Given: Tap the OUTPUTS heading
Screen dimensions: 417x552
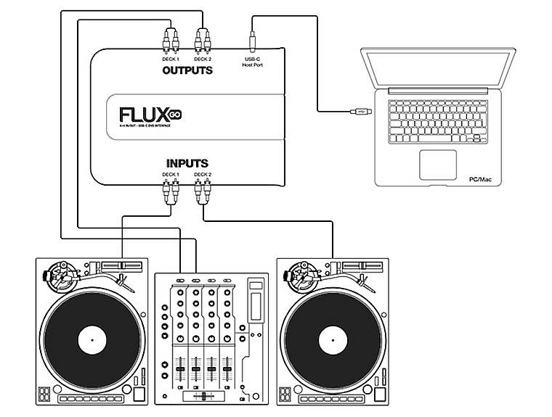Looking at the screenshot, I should pyautogui.click(x=187, y=70).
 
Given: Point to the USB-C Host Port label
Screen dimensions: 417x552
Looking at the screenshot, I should pyautogui.click(x=253, y=62).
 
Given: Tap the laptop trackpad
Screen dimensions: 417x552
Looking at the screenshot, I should pyautogui.click(x=438, y=165).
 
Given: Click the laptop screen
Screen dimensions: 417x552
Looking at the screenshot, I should pyautogui.click(x=436, y=70).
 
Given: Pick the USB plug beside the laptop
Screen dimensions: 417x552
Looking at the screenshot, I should pyautogui.click(x=361, y=111).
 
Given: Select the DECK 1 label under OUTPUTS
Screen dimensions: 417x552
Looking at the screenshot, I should pyautogui.click(x=171, y=59).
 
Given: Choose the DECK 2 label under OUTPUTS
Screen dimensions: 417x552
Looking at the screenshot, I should pyautogui.click(x=203, y=59).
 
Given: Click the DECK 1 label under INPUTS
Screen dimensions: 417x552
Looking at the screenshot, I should pyautogui.click(x=171, y=175).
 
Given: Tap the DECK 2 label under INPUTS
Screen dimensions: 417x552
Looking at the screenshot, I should pyautogui.click(x=203, y=175).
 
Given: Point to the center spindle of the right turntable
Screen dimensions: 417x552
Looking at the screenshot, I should pyautogui.click(x=329, y=338).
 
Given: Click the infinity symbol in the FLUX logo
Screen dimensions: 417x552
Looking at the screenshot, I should pyautogui.click(x=175, y=115).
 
